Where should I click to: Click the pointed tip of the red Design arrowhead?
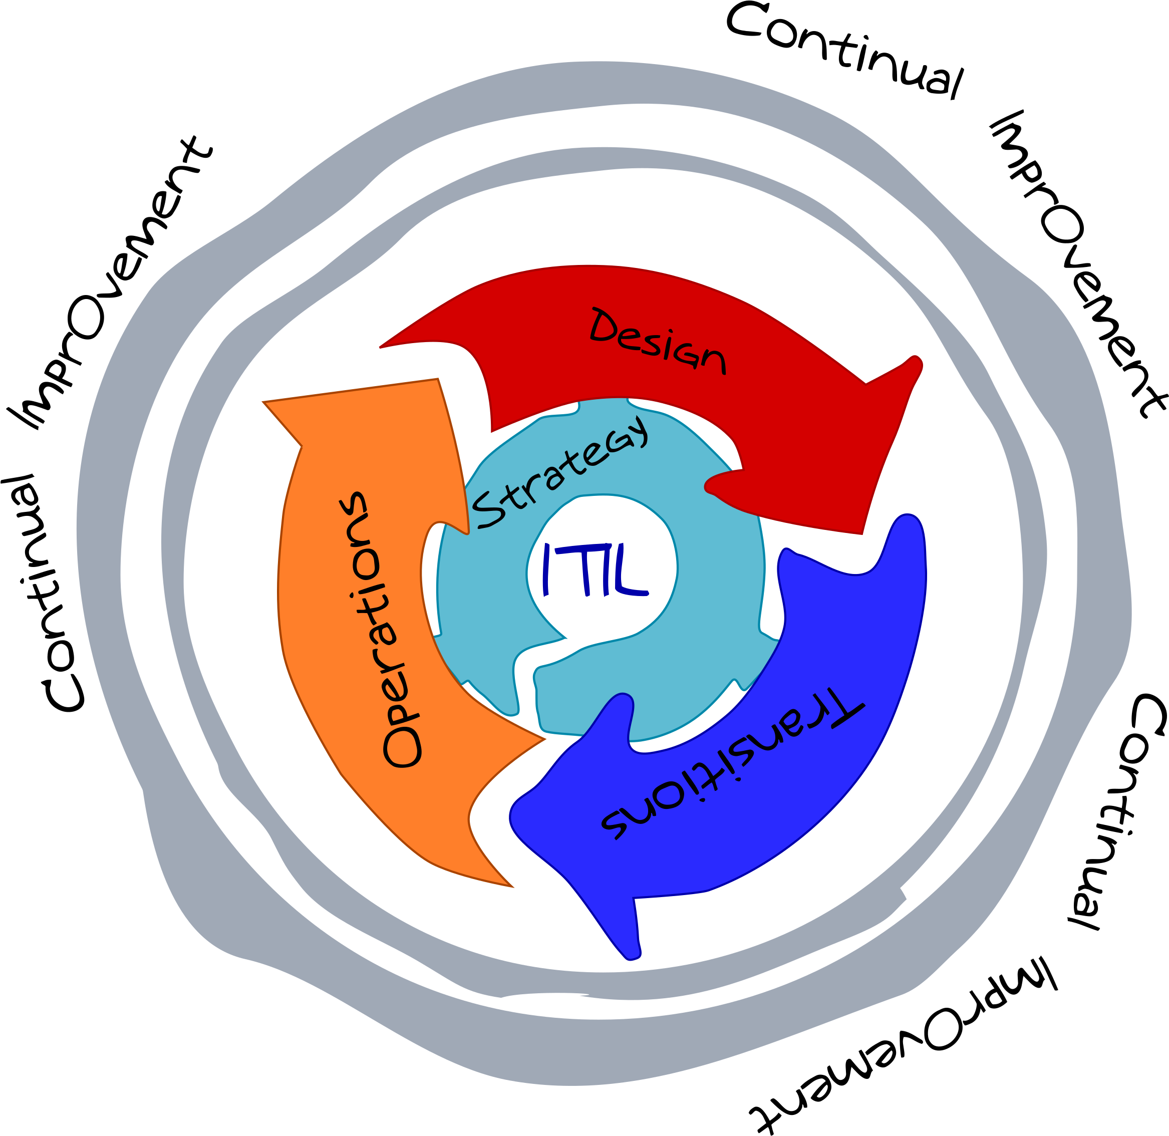coord(861,533)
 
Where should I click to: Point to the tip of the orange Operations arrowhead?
coord(264,402)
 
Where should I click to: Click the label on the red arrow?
coord(657,341)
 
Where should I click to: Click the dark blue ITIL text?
coord(596,570)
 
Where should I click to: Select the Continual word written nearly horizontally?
coord(844,49)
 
